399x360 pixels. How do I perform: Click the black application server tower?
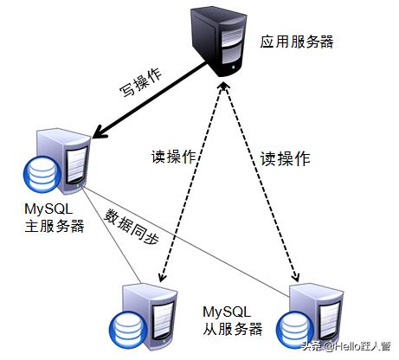219,42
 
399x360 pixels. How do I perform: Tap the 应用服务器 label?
297,42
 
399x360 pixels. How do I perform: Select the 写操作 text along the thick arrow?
141,82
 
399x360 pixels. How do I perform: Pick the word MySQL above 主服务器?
48,209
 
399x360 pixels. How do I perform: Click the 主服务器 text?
55,226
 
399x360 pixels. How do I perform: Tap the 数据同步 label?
132,227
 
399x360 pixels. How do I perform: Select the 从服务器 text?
233,329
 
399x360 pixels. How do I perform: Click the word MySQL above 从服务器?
227,312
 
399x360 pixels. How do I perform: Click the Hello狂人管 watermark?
345,346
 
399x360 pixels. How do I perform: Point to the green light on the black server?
233,67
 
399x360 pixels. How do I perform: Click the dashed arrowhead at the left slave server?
162,276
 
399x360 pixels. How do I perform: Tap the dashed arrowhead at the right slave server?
295,276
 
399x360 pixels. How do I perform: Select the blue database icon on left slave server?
128,330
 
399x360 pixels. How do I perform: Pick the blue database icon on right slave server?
294,331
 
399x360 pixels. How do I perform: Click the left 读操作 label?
174,157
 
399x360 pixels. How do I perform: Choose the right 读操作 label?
286,158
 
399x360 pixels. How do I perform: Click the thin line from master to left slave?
111,235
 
